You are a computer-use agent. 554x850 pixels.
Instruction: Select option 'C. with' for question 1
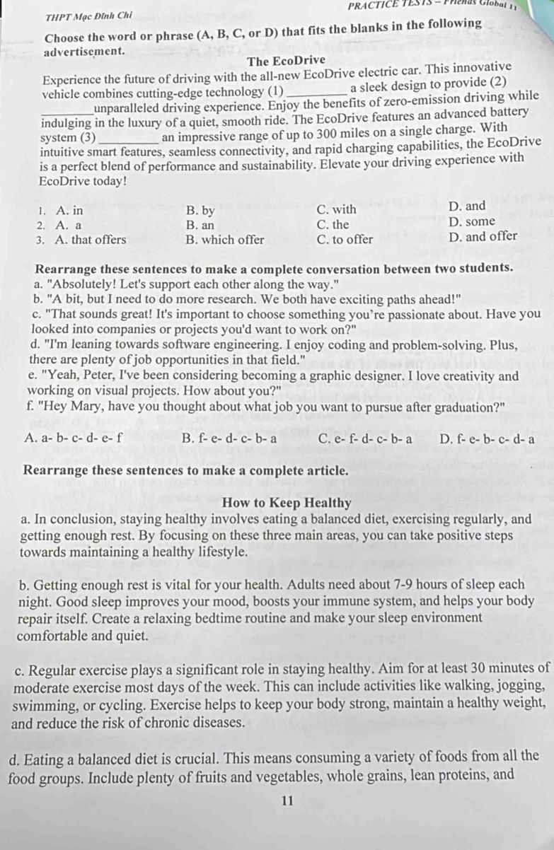click(337, 209)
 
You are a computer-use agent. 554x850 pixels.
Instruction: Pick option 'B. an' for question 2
click(200, 225)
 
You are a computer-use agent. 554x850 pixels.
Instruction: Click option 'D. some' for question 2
click(472, 221)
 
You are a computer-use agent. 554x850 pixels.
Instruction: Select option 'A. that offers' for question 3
click(90, 239)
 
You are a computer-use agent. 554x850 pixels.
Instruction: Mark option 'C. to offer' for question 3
click(345, 239)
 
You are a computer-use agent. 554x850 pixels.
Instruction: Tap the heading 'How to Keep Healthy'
click(287, 503)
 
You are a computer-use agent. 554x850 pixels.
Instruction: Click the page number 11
click(287, 801)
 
